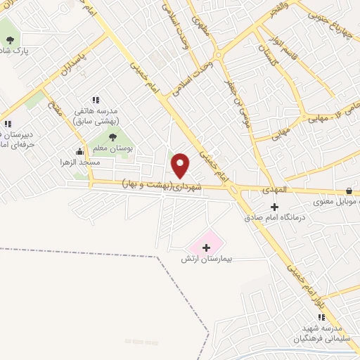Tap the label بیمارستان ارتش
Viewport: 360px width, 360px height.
(x=207, y=260)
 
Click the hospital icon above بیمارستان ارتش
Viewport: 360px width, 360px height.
(x=207, y=247)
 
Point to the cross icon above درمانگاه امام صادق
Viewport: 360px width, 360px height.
(x=275, y=206)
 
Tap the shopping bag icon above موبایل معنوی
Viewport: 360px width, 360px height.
(x=349, y=191)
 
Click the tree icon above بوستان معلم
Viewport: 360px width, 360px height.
(x=113, y=136)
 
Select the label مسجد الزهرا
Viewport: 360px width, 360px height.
(x=79, y=162)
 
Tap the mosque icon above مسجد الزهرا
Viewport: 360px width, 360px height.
(x=79, y=150)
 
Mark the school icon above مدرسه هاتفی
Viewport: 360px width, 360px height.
(x=95, y=100)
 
